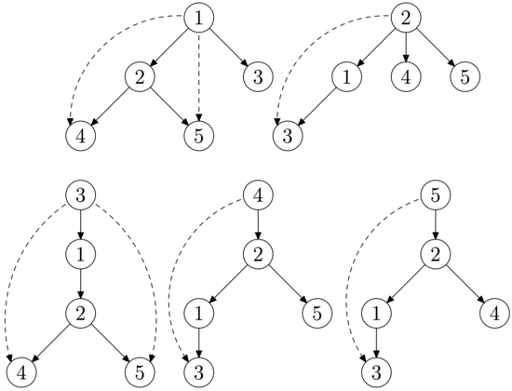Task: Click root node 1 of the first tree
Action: (x=199, y=18)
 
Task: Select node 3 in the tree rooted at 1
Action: (x=258, y=77)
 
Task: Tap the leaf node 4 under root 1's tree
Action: (x=81, y=136)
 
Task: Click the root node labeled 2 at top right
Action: (x=406, y=18)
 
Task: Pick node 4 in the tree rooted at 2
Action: (x=406, y=77)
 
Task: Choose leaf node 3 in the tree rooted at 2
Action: (x=288, y=136)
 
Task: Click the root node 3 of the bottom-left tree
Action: (x=81, y=195)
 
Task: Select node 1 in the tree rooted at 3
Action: (x=81, y=254)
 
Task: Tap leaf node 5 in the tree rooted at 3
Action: (x=140, y=372)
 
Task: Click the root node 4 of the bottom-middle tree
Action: (x=258, y=195)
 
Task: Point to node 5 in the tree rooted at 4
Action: (x=317, y=313)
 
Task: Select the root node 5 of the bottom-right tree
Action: (x=436, y=195)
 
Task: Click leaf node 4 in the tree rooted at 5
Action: (x=494, y=313)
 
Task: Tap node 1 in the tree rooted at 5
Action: (x=376, y=313)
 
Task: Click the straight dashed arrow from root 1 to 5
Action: (x=199, y=77)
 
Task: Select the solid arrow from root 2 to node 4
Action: (x=406, y=47)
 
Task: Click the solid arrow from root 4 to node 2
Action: (x=258, y=224)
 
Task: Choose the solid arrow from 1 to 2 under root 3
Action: (x=81, y=284)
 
